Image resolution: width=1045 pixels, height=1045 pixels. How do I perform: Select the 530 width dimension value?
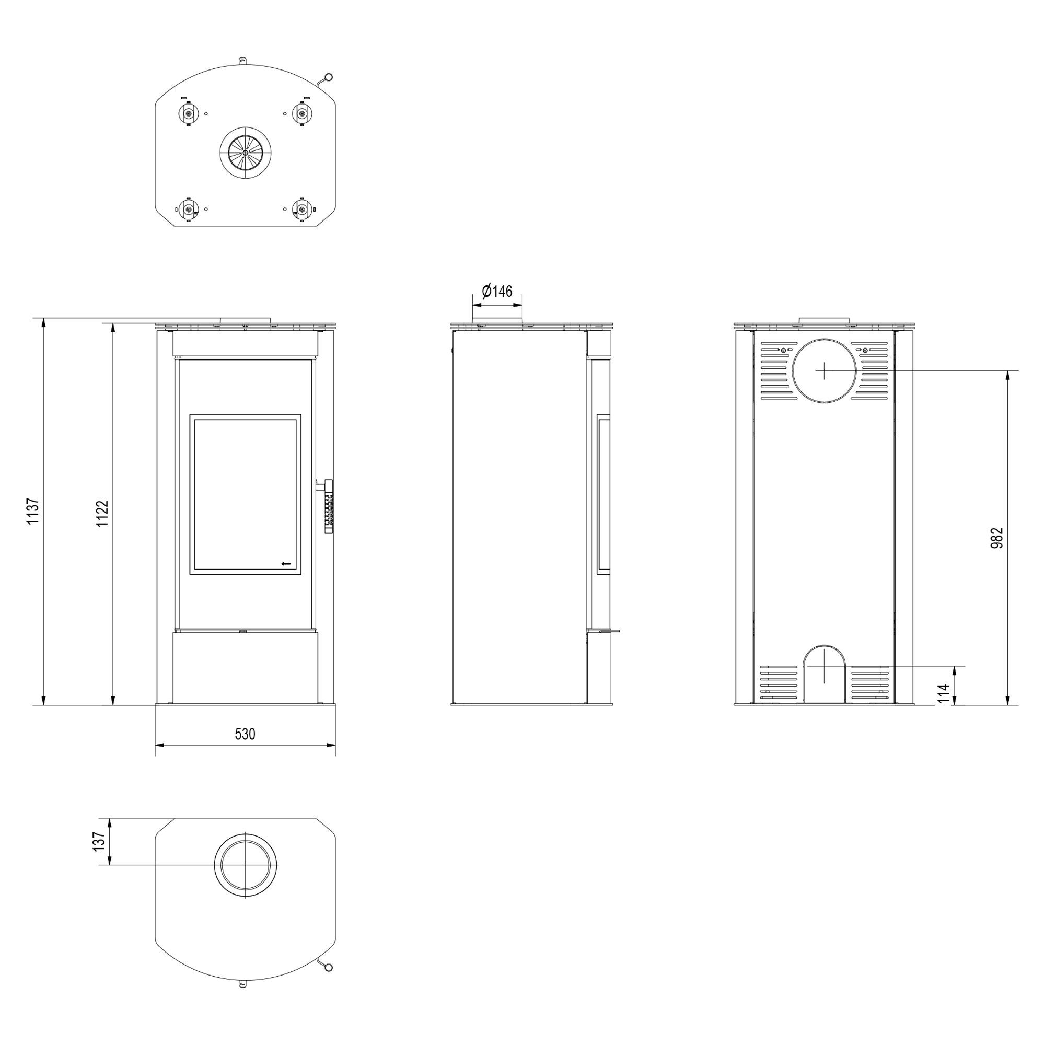point(245,734)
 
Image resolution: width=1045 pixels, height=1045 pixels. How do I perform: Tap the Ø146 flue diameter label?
point(496,291)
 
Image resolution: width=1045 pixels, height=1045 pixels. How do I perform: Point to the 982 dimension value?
point(997,538)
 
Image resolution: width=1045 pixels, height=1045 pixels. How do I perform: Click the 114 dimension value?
point(944,693)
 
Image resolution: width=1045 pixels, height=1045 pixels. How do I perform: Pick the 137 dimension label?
point(98,842)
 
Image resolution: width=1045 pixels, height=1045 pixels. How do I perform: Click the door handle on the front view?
point(326,506)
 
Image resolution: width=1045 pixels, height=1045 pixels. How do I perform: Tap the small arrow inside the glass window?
point(286,564)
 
